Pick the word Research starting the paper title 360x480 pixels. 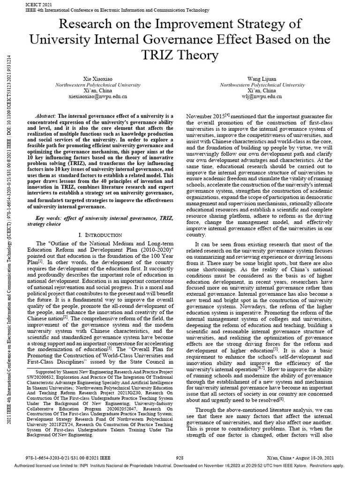tap(82, 23)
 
